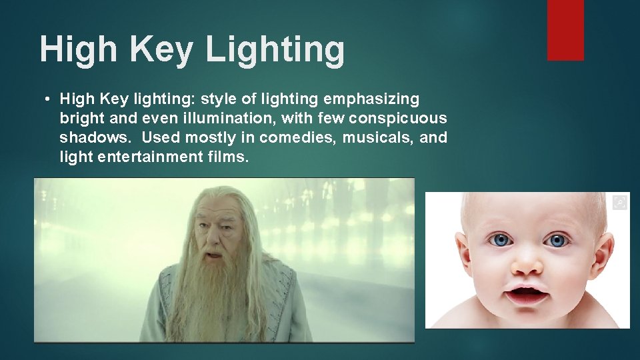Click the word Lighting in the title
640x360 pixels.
click(275, 50)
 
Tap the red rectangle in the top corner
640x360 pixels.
click(565, 30)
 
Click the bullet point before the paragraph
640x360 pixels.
click(47, 100)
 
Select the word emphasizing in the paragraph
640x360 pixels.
click(371, 99)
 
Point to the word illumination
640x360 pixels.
click(230, 119)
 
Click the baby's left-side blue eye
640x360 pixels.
click(500, 239)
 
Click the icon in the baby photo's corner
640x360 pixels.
click(620, 202)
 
